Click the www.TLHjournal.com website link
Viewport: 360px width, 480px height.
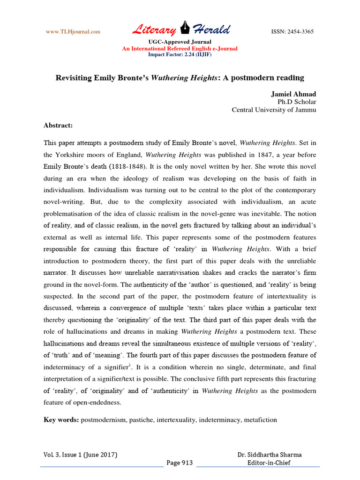coord(73,32)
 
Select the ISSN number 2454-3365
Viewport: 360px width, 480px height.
coord(292,32)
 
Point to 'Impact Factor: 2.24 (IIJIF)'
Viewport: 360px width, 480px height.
coord(180,54)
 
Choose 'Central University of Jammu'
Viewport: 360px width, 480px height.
coord(274,110)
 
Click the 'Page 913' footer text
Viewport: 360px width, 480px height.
coord(180,463)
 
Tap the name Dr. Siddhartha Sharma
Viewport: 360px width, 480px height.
coord(270,455)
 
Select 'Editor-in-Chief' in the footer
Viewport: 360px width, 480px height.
coord(269,463)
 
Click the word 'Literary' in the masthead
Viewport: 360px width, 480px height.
coord(154,30)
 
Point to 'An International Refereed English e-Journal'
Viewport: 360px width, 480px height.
coord(180,49)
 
